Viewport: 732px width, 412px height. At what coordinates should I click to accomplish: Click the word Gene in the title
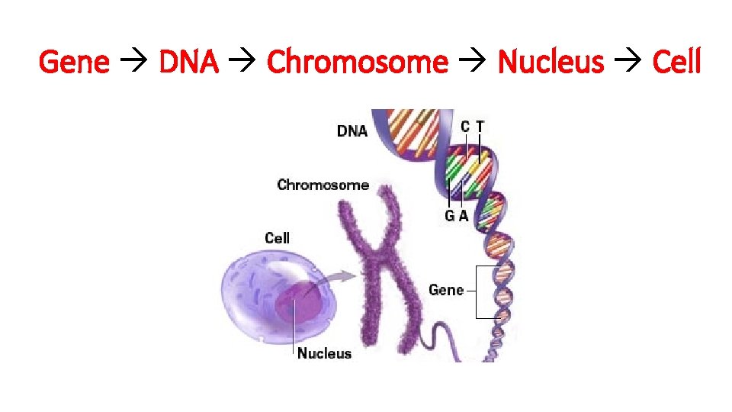[74, 61]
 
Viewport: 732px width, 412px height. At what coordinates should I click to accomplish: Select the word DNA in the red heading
[188, 61]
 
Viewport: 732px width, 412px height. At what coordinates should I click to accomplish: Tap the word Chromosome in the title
[357, 61]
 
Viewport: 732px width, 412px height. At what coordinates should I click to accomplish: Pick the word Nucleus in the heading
[551, 61]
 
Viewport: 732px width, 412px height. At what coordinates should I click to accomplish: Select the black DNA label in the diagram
[352, 130]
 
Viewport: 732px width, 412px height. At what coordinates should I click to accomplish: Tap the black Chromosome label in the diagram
[323, 185]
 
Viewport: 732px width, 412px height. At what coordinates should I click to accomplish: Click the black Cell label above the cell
[277, 238]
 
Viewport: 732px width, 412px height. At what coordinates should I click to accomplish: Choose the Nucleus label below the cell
[324, 352]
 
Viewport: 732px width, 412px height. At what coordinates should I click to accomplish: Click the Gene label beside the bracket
[446, 290]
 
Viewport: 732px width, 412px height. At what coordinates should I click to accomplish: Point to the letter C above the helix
[465, 126]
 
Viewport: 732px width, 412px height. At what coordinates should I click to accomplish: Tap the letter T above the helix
[480, 126]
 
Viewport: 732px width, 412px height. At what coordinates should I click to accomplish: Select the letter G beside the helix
[450, 216]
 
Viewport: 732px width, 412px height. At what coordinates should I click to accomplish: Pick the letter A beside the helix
[463, 216]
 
